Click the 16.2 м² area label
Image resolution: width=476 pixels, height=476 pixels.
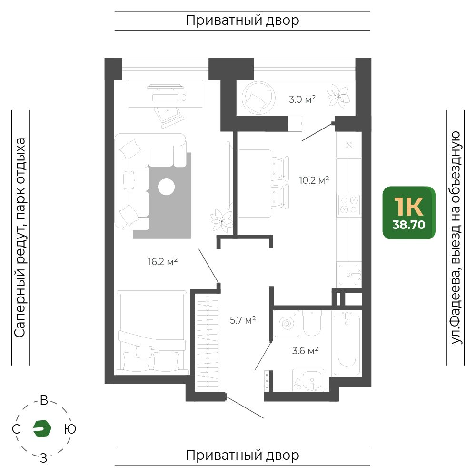click(163, 261)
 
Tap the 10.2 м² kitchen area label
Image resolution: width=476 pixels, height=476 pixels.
click(314, 180)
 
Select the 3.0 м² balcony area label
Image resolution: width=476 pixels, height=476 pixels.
click(302, 99)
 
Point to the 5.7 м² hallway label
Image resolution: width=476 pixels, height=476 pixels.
click(243, 320)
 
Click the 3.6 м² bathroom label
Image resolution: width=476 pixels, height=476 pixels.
click(305, 351)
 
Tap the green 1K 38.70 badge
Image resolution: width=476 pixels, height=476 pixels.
click(409, 213)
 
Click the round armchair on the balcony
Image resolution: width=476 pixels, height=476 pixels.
click(258, 98)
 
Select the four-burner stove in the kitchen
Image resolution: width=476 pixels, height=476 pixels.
click(349, 205)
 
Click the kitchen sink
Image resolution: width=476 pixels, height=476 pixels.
click(349, 275)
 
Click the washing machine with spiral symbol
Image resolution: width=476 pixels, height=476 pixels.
click(286, 324)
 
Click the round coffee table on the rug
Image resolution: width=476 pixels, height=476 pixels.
click(166, 187)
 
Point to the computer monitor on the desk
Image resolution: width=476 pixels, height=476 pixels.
click(166, 87)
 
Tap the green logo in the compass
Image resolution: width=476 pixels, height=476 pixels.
click(42, 429)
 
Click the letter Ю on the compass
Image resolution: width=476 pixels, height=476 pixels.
click(70, 429)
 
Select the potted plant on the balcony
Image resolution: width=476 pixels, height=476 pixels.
click(338, 96)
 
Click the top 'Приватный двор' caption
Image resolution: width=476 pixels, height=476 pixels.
click(243, 20)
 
